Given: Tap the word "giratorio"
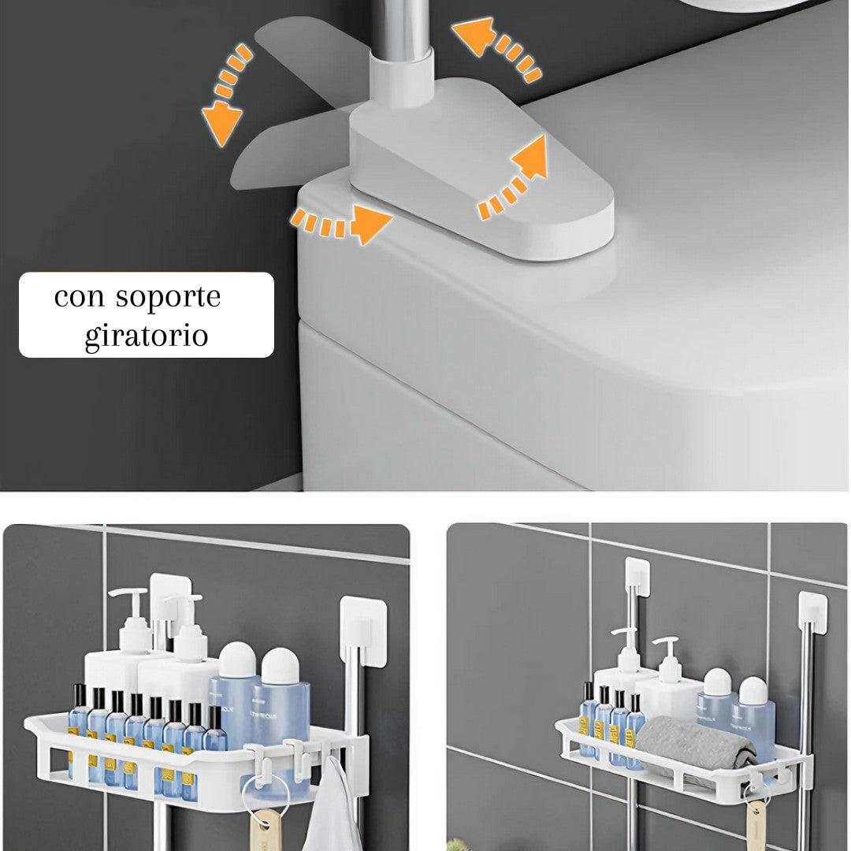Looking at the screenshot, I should point(147,336).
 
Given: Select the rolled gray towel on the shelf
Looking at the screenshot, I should point(693,745).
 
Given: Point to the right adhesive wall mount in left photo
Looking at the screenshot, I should point(362,631).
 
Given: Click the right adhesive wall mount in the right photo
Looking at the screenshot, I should point(812,611).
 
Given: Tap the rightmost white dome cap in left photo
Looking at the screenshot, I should point(281,667).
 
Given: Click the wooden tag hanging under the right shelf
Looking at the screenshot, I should point(757,819).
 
